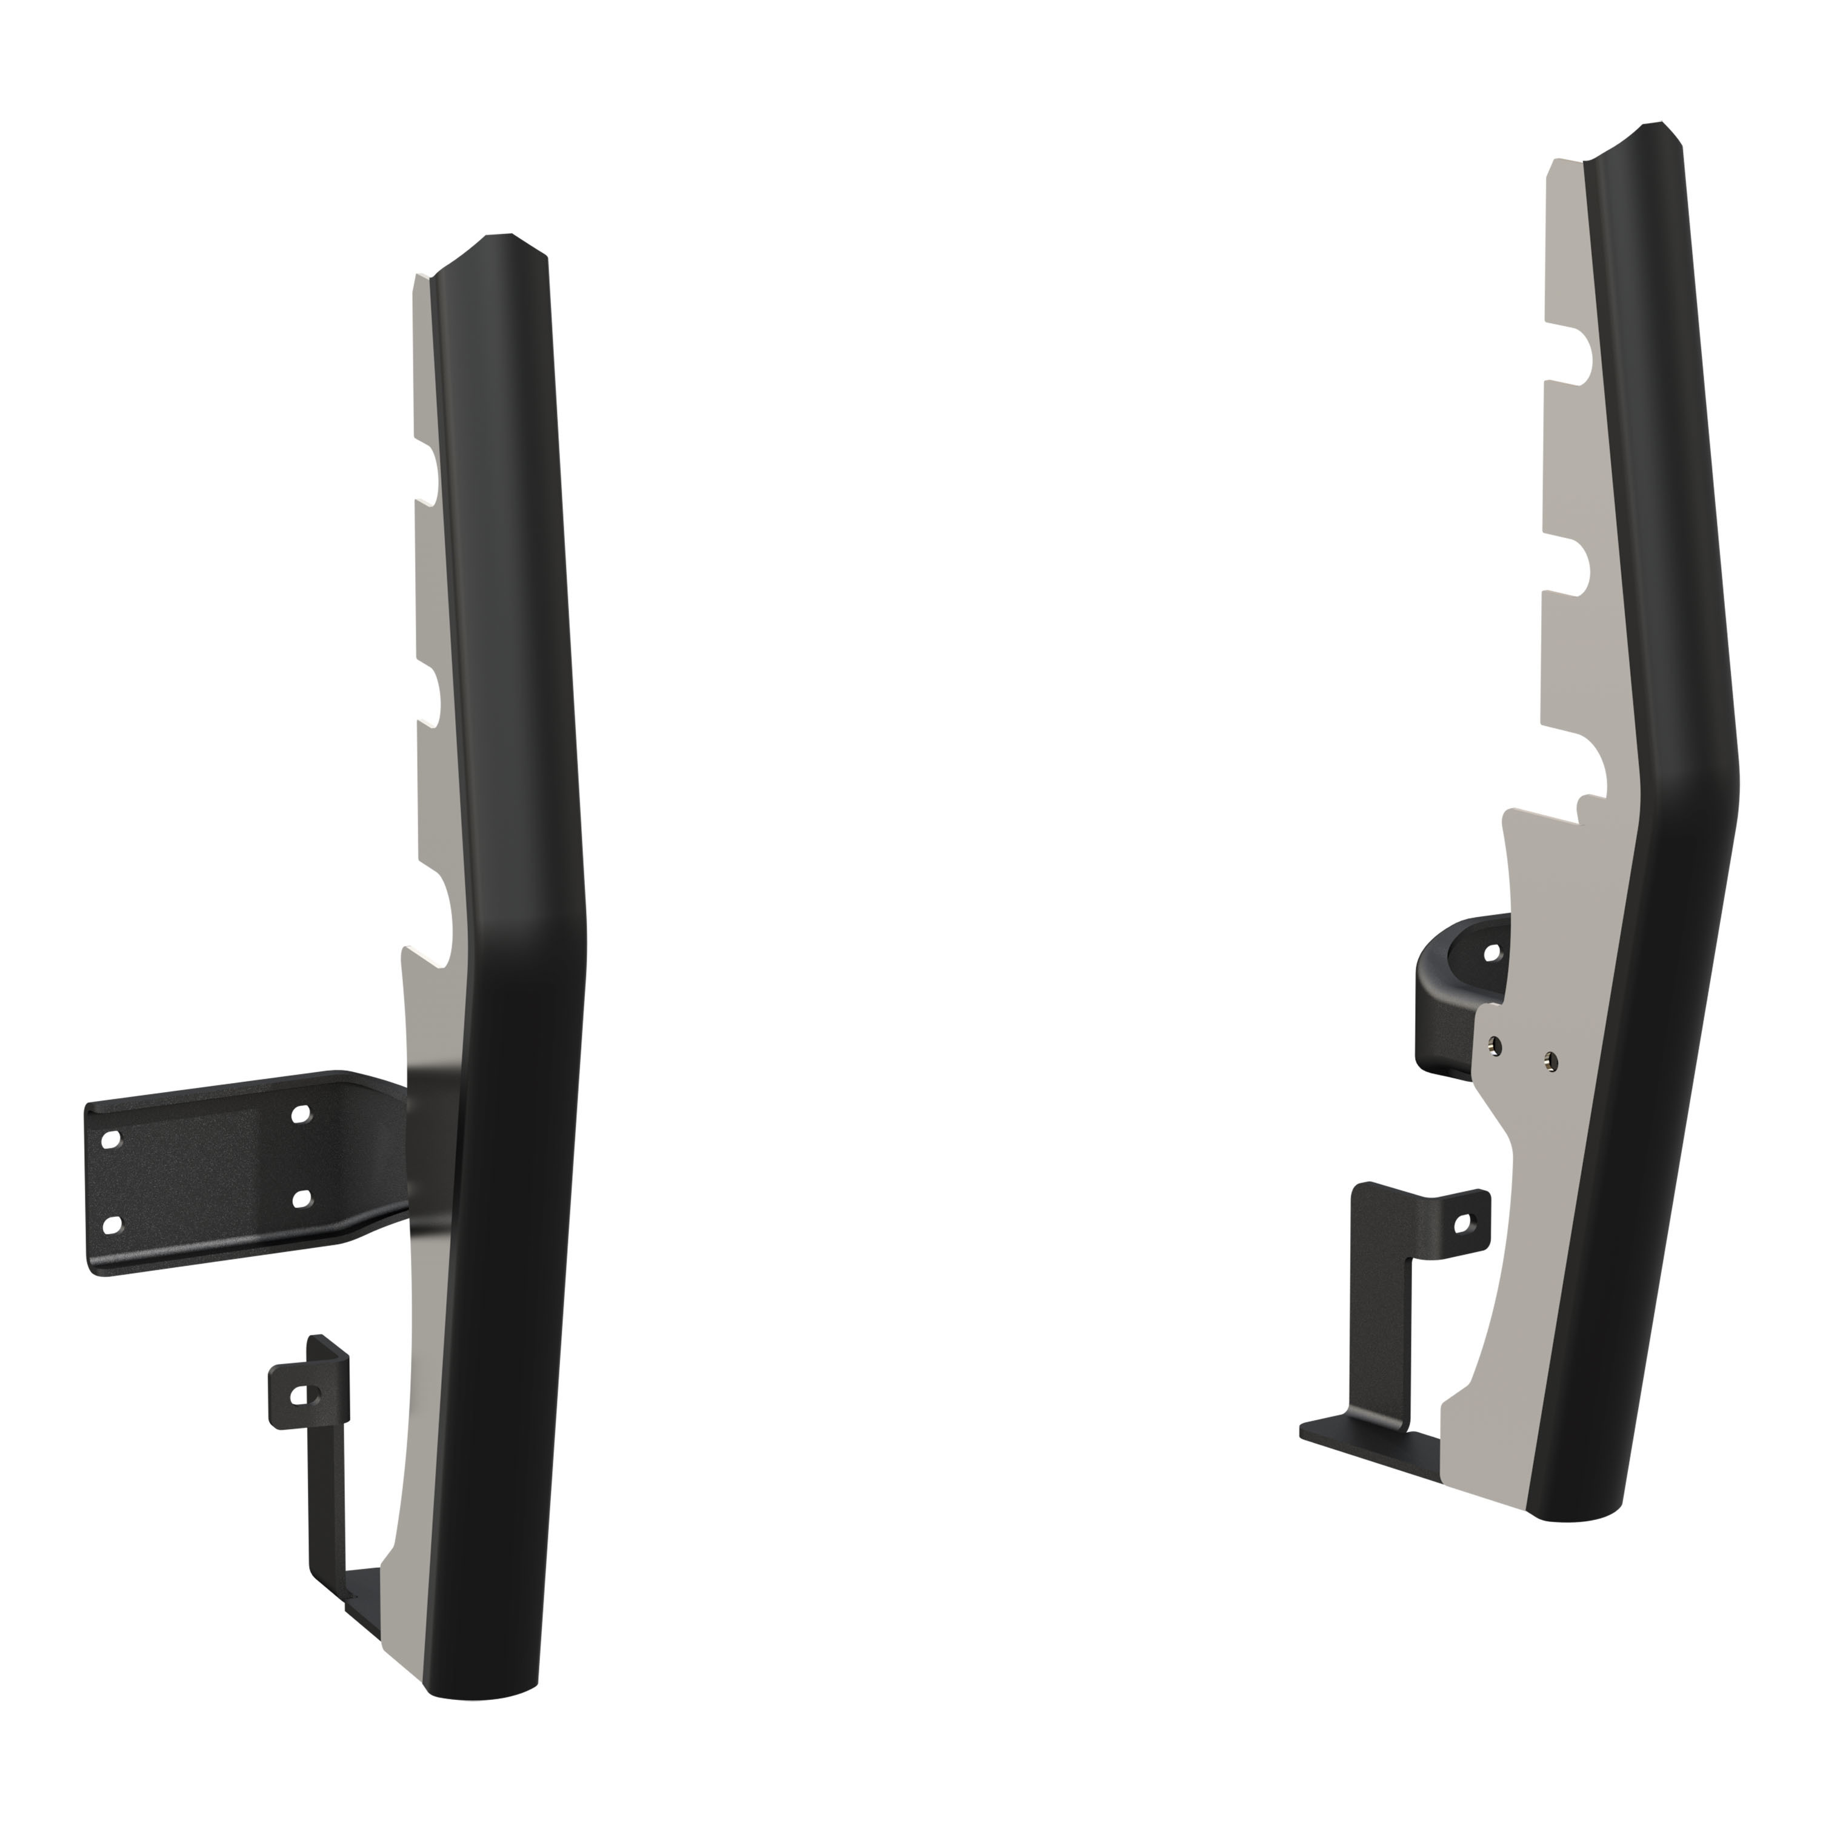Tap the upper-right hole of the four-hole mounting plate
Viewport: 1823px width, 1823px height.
click(x=301, y=1115)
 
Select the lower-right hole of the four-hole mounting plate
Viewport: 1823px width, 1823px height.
click(x=302, y=1198)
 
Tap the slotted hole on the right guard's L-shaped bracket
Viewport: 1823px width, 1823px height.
click(x=1462, y=1224)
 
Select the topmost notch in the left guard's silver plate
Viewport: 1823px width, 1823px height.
click(x=429, y=472)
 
